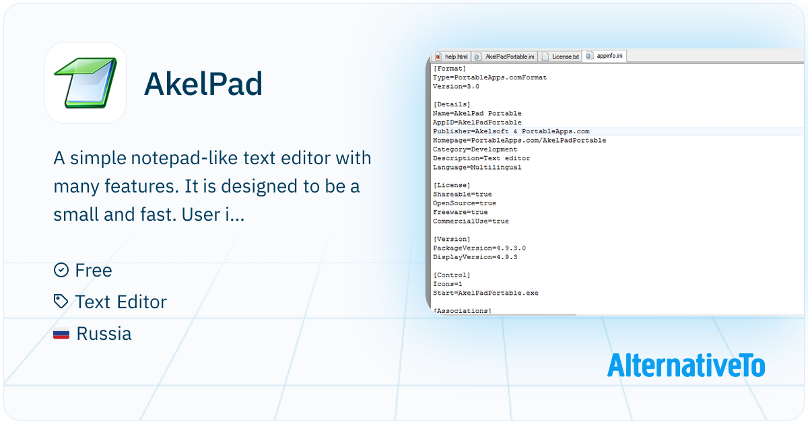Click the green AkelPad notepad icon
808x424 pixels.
tap(86, 83)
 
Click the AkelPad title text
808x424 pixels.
tap(203, 83)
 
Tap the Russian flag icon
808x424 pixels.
tap(61, 334)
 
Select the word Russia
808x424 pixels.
tap(104, 334)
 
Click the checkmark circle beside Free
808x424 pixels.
tap(61, 270)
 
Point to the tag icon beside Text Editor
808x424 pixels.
tap(61, 302)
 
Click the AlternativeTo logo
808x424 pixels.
tap(686, 365)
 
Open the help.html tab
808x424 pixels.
tap(452, 57)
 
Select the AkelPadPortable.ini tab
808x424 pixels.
tap(504, 57)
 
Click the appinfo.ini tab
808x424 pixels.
tap(605, 56)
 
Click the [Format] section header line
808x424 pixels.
tap(450, 69)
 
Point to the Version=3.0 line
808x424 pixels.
tap(456, 87)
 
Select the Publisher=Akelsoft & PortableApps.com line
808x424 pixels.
tap(511, 131)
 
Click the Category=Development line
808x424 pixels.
tap(475, 149)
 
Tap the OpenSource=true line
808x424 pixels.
tap(464, 203)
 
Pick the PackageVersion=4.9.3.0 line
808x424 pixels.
tap(479, 248)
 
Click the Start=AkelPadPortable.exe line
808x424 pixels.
tap(485, 293)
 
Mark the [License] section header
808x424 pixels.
tap(452, 185)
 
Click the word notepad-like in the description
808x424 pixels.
tap(184, 158)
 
